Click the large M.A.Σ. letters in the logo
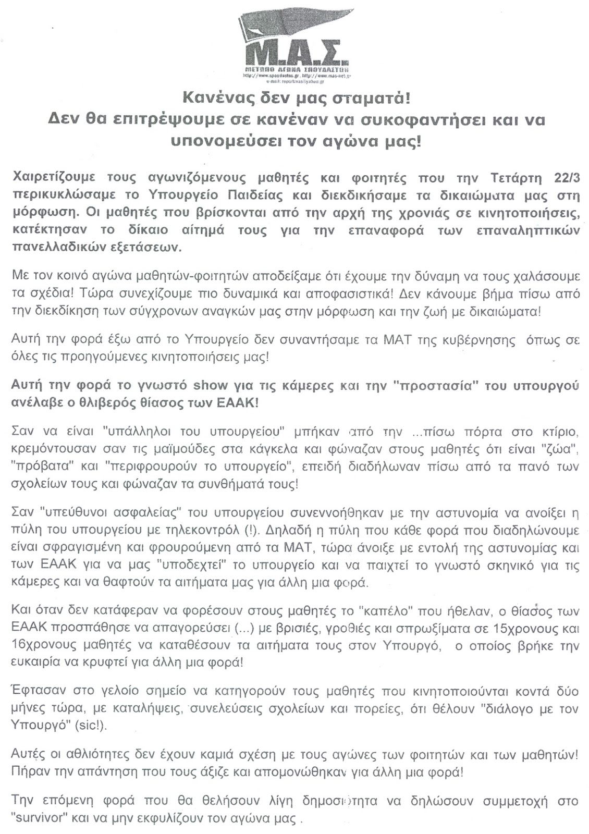(295, 52)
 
